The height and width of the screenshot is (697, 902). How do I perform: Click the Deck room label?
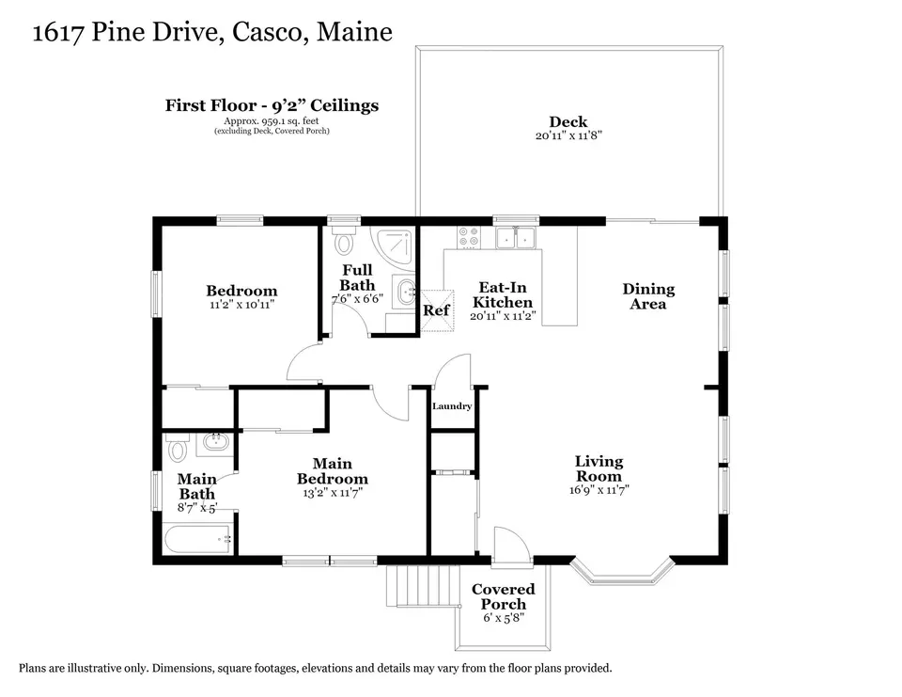pyautogui.click(x=568, y=121)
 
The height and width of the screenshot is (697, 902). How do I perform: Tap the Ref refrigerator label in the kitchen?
pyautogui.click(x=436, y=309)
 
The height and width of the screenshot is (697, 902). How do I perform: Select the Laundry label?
pyautogui.click(x=452, y=406)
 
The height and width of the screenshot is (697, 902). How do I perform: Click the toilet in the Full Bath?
pyautogui.click(x=344, y=240)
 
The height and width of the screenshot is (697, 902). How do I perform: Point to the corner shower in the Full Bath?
pyautogui.click(x=393, y=246)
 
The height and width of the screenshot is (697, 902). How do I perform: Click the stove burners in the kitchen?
pyautogui.click(x=468, y=237)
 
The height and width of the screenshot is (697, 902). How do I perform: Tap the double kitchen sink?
pyautogui.click(x=516, y=237)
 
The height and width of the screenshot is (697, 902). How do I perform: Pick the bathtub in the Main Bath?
pyautogui.click(x=198, y=540)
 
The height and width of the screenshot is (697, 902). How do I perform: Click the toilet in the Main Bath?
pyautogui.click(x=178, y=448)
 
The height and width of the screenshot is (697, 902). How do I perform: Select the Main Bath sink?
pyautogui.click(x=216, y=442)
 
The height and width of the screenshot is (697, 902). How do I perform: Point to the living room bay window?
pyautogui.click(x=622, y=572)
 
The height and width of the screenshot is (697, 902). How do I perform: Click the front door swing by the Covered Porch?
pyautogui.click(x=511, y=543)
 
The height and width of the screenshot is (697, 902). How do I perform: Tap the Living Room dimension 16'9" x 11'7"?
pyautogui.click(x=599, y=490)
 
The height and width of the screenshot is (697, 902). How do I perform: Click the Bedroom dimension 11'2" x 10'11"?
pyautogui.click(x=242, y=304)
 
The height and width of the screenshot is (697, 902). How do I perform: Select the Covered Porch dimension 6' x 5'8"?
pyautogui.click(x=504, y=618)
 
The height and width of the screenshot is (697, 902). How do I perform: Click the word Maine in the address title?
pyautogui.click(x=354, y=32)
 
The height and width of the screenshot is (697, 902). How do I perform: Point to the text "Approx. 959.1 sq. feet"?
pyautogui.click(x=272, y=121)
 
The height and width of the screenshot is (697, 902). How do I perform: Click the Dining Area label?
pyautogui.click(x=648, y=296)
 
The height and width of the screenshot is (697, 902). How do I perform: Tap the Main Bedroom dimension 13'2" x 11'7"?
pyautogui.click(x=333, y=493)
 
